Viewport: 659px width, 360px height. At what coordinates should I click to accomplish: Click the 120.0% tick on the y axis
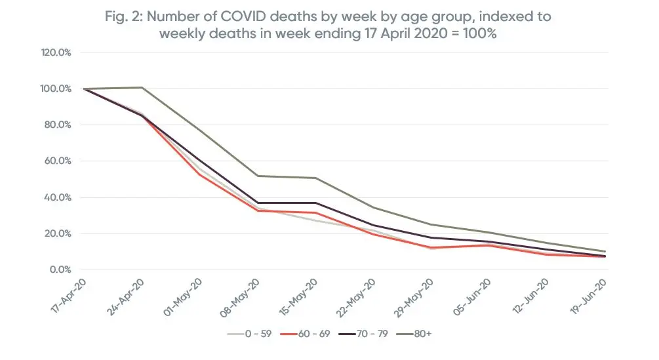pyautogui.click(x=57, y=52)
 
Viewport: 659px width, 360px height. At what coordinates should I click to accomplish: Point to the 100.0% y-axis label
pyautogui.click(x=57, y=89)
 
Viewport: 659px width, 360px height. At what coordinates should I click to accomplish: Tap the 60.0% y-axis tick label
pyautogui.click(x=58, y=161)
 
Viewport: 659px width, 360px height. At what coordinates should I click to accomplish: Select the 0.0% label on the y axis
pyautogui.click(x=60, y=270)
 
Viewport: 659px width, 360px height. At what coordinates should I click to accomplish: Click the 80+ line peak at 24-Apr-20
pyautogui.click(x=142, y=87)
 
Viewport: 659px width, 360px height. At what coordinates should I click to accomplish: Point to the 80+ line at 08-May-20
pyautogui.click(x=258, y=176)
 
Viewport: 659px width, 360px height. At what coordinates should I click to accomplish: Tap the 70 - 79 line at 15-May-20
pyautogui.click(x=316, y=203)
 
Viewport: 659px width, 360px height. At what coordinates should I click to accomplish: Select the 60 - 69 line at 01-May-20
pyautogui.click(x=200, y=174)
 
